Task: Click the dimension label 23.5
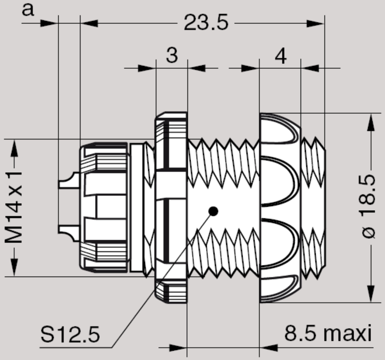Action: tap(206, 22)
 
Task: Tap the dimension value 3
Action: tap(172, 56)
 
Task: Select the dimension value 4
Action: tap(280, 56)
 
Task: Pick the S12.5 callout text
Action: tap(70, 334)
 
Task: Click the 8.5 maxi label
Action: tap(327, 334)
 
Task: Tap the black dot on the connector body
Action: tap(213, 211)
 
